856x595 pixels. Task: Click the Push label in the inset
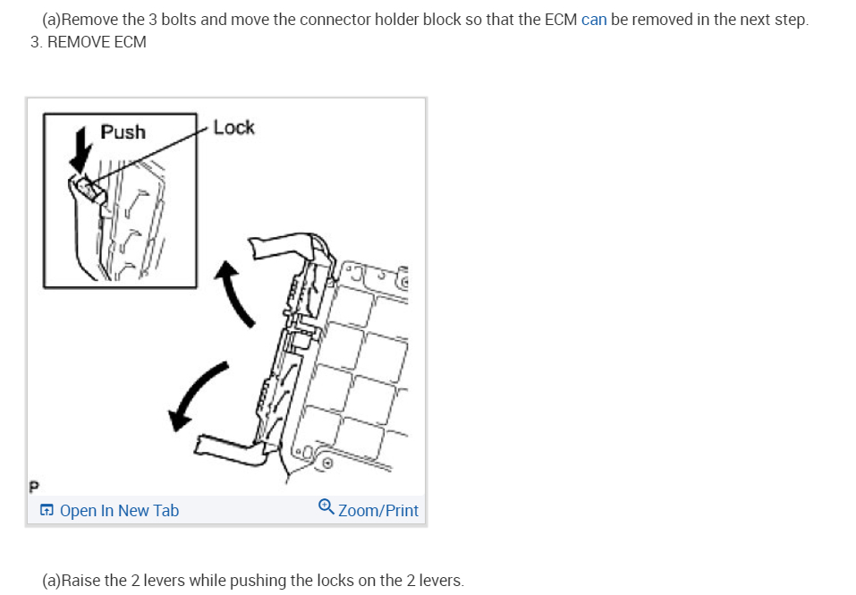click(123, 132)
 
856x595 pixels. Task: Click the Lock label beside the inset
click(233, 128)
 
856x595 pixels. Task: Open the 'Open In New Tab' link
click(119, 511)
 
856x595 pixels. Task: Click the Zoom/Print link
click(377, 511)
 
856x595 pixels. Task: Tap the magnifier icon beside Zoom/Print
click(326, 508)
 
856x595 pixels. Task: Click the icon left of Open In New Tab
click(47, 511)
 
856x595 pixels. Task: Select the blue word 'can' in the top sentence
click(594, 20)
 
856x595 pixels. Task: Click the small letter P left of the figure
click(34, 487)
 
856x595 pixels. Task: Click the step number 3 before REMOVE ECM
click(34, 42)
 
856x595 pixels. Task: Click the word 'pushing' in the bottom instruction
click(258, 581)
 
